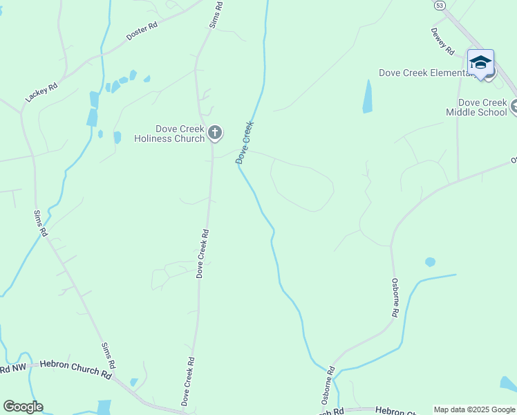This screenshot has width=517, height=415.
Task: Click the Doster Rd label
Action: click(142, 30)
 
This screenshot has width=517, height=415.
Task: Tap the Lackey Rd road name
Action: click(41, 91)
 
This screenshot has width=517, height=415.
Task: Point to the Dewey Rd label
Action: click(442, 41)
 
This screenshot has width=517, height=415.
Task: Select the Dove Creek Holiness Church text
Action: click(179, 133)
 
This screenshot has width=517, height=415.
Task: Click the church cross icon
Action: click(215, 132)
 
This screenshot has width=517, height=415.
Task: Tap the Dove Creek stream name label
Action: click(245, 142)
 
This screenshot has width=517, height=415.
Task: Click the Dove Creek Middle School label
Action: click(477, 107)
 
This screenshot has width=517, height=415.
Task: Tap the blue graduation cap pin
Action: click(480, 63)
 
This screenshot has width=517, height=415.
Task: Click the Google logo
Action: click(22, 407)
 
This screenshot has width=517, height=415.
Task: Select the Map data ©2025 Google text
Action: click(474, 409)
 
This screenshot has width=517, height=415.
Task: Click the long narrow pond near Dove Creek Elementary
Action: click(367, 96)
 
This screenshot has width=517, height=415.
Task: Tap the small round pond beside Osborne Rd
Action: click(430, 262)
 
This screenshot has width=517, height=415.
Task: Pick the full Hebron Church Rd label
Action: click(75, 369)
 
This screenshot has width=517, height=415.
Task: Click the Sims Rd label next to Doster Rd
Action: click(216, 15)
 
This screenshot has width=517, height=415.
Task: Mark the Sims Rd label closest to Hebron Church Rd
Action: click(109, 355)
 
